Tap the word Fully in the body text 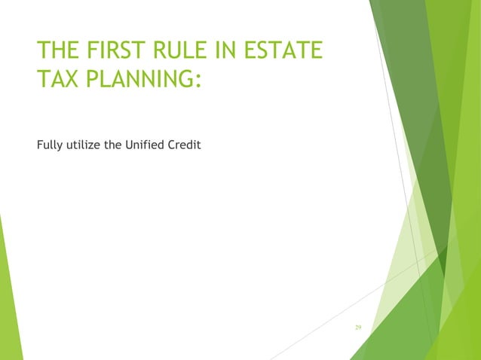(47, 145)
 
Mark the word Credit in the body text (185, 145)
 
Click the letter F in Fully (39, 145)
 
